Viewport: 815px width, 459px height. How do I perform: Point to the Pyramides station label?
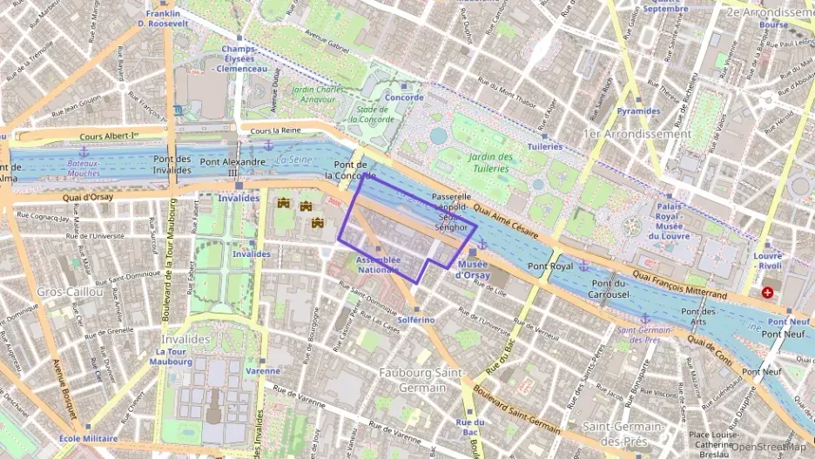coord(639,111)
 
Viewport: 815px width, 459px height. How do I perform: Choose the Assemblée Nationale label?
coord(379,265)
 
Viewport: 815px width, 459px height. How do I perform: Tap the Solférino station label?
coord(415,320)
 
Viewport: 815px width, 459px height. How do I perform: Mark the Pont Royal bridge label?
coord(551,267)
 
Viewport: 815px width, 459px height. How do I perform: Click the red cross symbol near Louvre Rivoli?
coord(767,293)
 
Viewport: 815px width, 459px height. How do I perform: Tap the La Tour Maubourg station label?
coord(171,356)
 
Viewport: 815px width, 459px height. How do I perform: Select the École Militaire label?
coord(89,438)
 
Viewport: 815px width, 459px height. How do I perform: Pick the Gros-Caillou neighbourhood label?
coord(70,292)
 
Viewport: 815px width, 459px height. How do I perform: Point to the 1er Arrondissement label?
coord(637,134)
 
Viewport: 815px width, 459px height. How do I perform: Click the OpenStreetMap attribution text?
coord(771,448)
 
